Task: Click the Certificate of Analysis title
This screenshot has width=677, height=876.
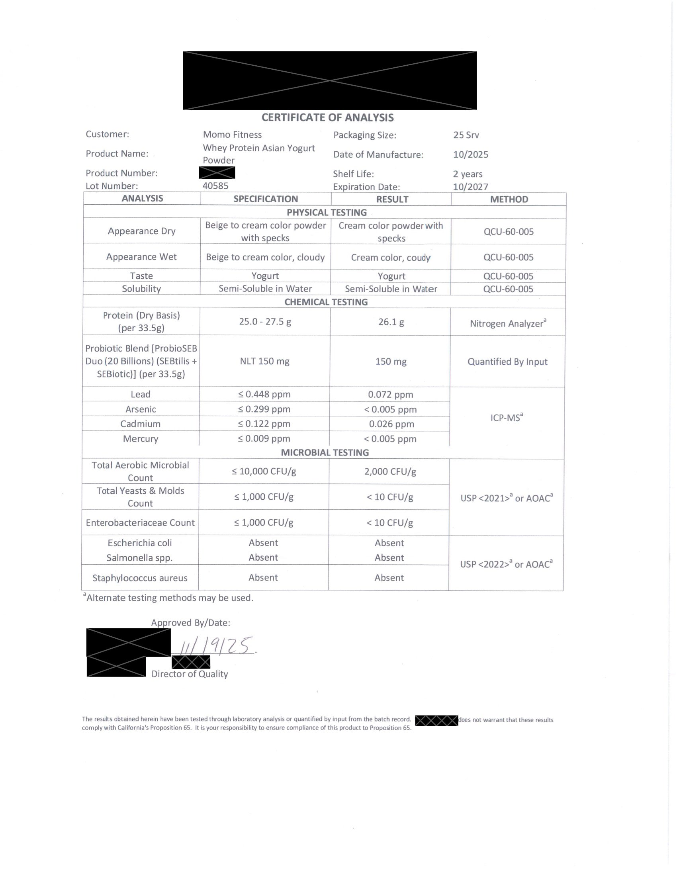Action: [x=327, y=117]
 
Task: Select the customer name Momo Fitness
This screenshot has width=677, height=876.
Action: [x=232, y=135]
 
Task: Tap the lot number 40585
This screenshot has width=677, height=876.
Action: [x=215, y=186]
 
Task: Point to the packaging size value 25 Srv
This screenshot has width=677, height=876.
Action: [x=466, y=135]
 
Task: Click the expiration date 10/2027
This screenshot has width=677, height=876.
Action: [x=470, y=187]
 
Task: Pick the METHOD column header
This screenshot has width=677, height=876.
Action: [x=509, y=199]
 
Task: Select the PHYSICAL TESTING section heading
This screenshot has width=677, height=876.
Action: [x=327, y=212]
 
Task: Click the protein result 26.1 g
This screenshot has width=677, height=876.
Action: [x=391, y=322]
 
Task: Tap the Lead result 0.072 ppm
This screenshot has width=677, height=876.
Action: [x=390, y=395]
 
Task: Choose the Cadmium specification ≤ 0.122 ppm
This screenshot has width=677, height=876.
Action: [x=264, y=424]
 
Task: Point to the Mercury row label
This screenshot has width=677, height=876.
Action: [x=140, y=439]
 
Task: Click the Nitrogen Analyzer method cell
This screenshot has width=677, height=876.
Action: [x=508, y=323]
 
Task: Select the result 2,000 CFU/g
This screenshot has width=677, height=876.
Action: [x=390, y=472]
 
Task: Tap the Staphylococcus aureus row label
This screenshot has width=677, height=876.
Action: [x=140, y=578]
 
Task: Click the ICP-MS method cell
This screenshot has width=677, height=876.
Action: [x=507, y=418]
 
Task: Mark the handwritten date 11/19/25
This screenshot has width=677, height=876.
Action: [x=217, y=645]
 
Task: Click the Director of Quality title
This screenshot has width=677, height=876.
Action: [x=189, y=674]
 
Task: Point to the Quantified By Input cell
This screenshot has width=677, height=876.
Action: [x=507, y=362]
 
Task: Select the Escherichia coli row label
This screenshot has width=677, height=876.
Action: [x=139, y=543]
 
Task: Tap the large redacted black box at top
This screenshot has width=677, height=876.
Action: [x=330, y=80]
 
